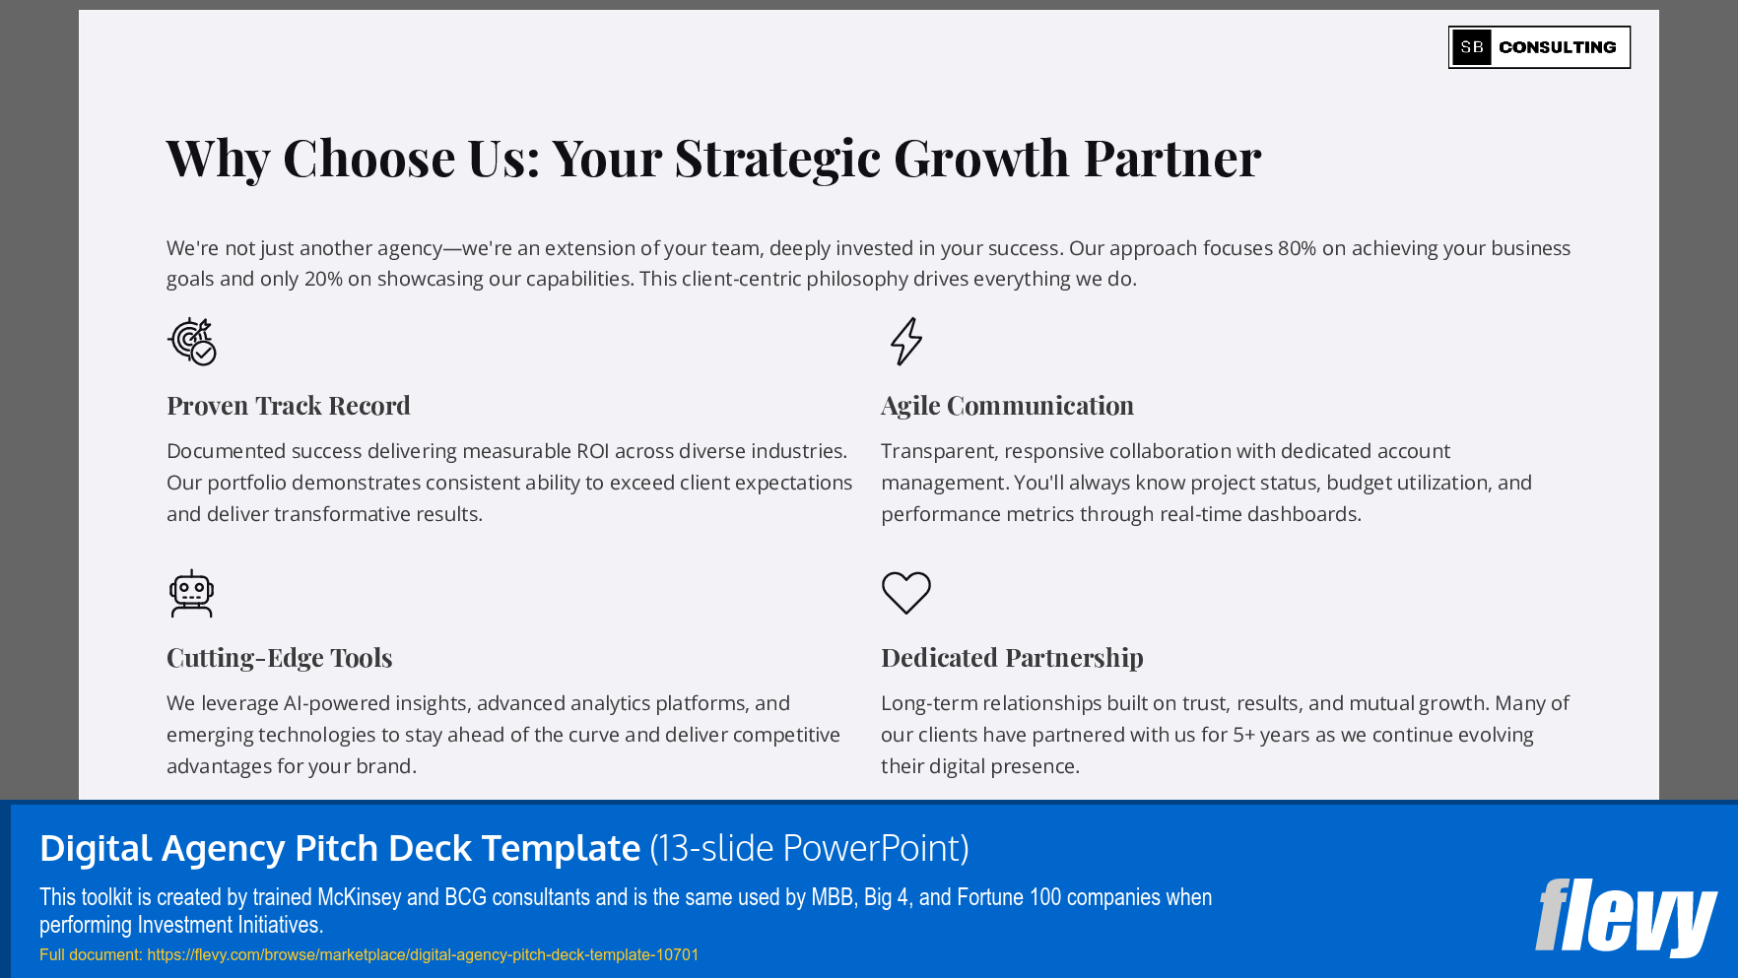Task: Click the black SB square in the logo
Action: (1472, 47)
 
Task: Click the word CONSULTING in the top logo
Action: (1557, 47)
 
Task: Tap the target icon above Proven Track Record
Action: (192, 342)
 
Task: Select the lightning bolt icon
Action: (906, 342)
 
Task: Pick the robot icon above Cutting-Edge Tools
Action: (191, 594)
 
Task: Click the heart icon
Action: (906, 593)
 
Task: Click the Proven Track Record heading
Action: (289, 406)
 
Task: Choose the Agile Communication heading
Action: (1007, 406)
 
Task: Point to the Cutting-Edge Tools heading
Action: (279, 658)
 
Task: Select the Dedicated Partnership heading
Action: (1012, 658)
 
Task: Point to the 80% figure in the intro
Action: (1297, 248)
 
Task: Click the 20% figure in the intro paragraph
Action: (323, 279)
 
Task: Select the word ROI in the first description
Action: (592, 451)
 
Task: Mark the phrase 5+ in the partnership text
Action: (1244, 735)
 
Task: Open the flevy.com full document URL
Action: (423, 954)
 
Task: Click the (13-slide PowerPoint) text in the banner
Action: (809, 848)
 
